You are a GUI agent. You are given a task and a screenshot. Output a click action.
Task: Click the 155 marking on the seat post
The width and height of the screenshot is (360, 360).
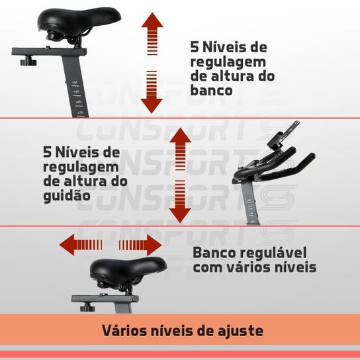click(75, 82)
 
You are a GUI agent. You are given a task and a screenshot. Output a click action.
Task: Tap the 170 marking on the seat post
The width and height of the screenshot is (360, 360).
click(80, 112)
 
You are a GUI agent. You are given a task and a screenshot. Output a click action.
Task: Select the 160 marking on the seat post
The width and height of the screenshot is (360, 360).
click(77, 92)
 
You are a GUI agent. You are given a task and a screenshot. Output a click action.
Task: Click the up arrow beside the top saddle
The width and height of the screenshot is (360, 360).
click(152, 34)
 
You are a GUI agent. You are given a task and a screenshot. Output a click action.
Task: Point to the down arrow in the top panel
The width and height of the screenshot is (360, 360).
click(152, 92)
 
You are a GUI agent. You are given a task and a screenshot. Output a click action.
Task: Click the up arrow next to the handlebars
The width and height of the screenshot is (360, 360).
click(180, 149)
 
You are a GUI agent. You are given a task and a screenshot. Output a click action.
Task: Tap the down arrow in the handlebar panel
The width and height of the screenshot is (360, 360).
click(180, 202)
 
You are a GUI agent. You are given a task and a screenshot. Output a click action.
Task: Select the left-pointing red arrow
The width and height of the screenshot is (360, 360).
click(81, 245)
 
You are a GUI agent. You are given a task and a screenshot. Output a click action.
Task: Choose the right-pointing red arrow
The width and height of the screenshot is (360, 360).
click(140, 246)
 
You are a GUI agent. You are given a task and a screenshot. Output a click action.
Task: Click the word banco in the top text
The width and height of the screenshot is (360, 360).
click(212, 91)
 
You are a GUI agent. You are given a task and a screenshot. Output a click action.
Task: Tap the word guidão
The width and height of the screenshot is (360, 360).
click(67, 196)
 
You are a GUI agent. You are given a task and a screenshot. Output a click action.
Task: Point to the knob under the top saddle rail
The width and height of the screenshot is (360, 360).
click(28, 62)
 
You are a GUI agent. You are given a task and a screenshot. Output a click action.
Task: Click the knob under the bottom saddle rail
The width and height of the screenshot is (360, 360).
click(87, 307)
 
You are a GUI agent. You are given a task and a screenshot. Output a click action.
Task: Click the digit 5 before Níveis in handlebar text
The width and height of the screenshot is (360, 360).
click(47, 152)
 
